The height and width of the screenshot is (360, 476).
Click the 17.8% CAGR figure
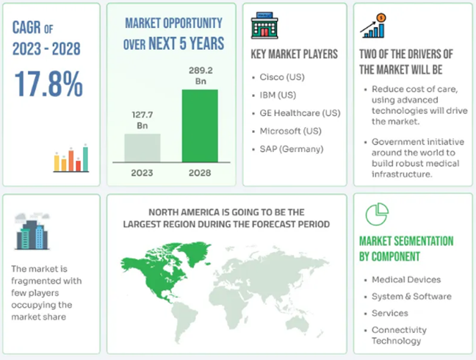[x=48, y=84]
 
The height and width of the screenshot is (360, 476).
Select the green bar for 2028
[x=200, y=126]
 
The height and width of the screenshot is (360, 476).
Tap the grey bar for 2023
[x=143, y=148]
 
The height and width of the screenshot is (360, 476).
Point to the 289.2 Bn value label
[x=201, y=76]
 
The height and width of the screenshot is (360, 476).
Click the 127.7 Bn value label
[x=143, y=120]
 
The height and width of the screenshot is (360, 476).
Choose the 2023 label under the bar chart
[x=142, y=173]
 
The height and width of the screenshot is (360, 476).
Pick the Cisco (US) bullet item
[x=282, y=77]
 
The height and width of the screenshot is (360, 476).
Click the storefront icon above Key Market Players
[x=264, y=26]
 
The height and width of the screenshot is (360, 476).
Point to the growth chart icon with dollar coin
[x=373, y=26]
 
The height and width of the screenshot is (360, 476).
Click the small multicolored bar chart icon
[x=71, y=158]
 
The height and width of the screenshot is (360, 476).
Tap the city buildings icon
[x=32, y=231]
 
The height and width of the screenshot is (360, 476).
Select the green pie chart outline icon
[x=377, y=215]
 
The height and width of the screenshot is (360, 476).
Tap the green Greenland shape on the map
[x=194, y=253]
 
